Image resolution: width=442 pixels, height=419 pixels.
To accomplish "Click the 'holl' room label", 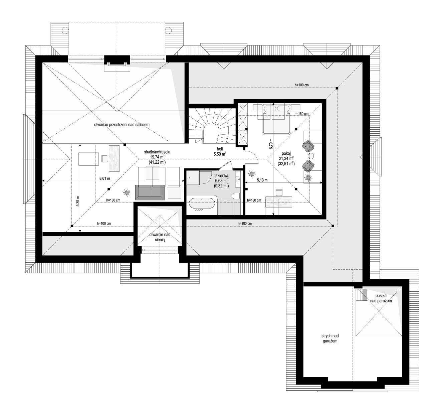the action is coord(220,149).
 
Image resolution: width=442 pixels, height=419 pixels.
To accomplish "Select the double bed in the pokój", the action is coord(276,120).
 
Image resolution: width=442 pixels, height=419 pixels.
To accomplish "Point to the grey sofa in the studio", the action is coord(150,192).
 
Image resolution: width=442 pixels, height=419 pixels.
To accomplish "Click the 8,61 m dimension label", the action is coord(105,178).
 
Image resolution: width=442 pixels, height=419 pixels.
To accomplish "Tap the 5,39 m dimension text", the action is coord(77,201).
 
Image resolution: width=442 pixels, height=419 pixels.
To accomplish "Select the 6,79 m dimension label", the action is coord(271,144).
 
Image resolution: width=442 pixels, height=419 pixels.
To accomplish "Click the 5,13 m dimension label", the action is coord(262,180).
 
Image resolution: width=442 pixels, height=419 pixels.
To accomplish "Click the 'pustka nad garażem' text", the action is coord(381,298).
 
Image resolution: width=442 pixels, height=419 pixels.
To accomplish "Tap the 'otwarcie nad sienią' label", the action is coord(160,237).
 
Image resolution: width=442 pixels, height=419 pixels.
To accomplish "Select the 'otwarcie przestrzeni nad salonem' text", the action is coord(122,125).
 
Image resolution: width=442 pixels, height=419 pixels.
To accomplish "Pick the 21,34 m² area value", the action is coord(286,159).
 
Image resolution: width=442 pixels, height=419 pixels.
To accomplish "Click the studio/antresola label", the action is coord(157,152).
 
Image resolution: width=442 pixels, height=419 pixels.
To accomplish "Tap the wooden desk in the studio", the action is coord(114,158).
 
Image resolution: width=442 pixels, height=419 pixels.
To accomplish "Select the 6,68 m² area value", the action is coord(221,180).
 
